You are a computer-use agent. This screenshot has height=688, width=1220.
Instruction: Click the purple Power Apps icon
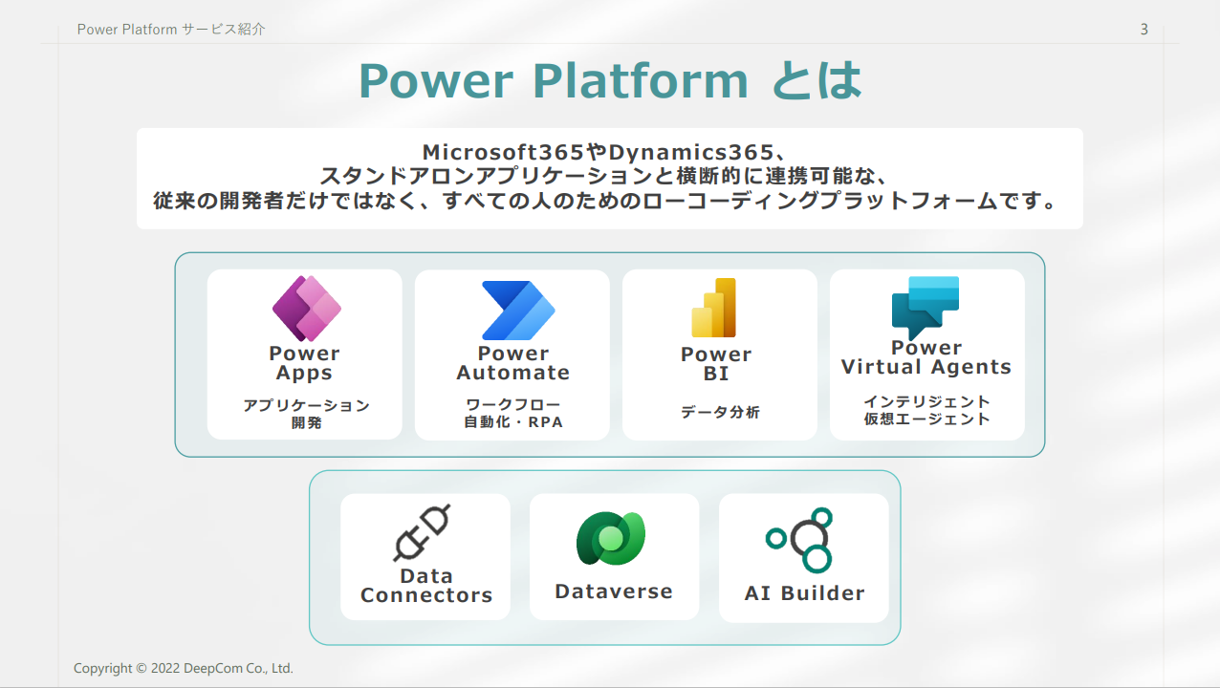coord(306,308)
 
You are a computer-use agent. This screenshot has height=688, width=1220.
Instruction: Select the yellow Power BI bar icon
coord(714,308)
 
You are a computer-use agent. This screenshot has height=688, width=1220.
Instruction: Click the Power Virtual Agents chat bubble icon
coord(925,307)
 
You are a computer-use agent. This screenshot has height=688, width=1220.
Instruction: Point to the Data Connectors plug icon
coord(422,532)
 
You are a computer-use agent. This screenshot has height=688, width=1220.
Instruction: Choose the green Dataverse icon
coord(611,539)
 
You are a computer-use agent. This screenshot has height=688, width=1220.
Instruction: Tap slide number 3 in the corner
coord(1144,30)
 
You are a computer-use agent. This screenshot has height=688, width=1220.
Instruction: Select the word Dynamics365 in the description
coord(690,152)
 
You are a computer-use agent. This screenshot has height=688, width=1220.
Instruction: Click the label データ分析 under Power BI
coord(720,413)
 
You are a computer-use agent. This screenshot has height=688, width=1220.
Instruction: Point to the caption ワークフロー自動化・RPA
coord(512,413)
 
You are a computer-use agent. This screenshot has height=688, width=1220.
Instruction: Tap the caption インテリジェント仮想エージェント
coord(926,410)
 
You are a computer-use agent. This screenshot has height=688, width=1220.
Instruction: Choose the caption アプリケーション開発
coord(306,414)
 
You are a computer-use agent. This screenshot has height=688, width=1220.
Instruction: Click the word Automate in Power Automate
coord(512,374)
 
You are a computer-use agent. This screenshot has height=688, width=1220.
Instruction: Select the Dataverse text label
coord(614,591)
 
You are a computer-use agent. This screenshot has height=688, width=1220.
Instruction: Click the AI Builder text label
coord(804,593)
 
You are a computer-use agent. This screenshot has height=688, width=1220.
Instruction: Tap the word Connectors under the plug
coord(426,595)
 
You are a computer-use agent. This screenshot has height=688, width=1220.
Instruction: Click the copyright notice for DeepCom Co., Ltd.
coord(184,669)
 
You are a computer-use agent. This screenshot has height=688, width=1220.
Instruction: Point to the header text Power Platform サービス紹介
coord(171,30)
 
